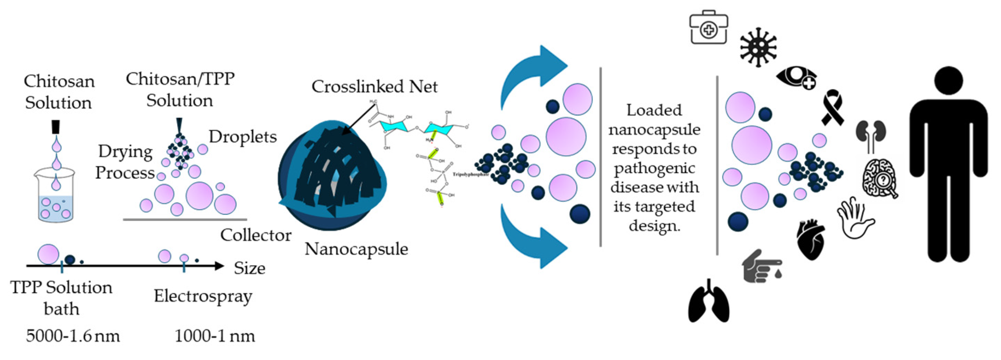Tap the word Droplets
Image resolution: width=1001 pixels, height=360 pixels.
click(243, 137)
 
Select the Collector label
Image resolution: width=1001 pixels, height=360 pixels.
click(256, 235)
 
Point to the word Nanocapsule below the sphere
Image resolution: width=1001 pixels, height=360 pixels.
click(356, 249)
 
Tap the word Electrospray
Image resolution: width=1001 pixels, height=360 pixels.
click(203, 296)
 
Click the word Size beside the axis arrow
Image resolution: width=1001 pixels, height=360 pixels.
click(250, 268)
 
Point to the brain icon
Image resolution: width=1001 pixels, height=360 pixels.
click(880, 179)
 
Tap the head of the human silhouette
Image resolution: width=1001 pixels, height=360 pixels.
click(948, 82)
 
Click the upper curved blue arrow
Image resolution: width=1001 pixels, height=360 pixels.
click(532, 74)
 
